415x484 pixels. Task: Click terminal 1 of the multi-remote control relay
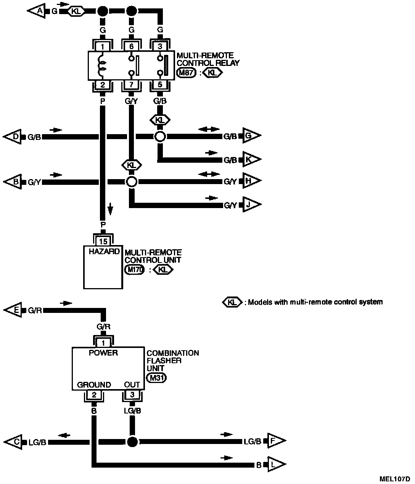coord(103,46)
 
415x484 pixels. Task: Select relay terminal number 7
coord(132,85)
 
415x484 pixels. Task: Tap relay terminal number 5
coord(160,85)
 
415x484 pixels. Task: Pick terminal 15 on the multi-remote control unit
coord(103,242)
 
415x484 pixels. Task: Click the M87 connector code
coord(186,73)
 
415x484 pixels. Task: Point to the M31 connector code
coord(157,378)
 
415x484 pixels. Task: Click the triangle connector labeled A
coord(37,11)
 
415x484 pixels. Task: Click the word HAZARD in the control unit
coord(104,252)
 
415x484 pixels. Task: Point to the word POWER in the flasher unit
coord(103,353)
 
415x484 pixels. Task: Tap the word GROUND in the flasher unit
coord(94,385)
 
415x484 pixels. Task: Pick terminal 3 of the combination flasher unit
coord(132,394)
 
